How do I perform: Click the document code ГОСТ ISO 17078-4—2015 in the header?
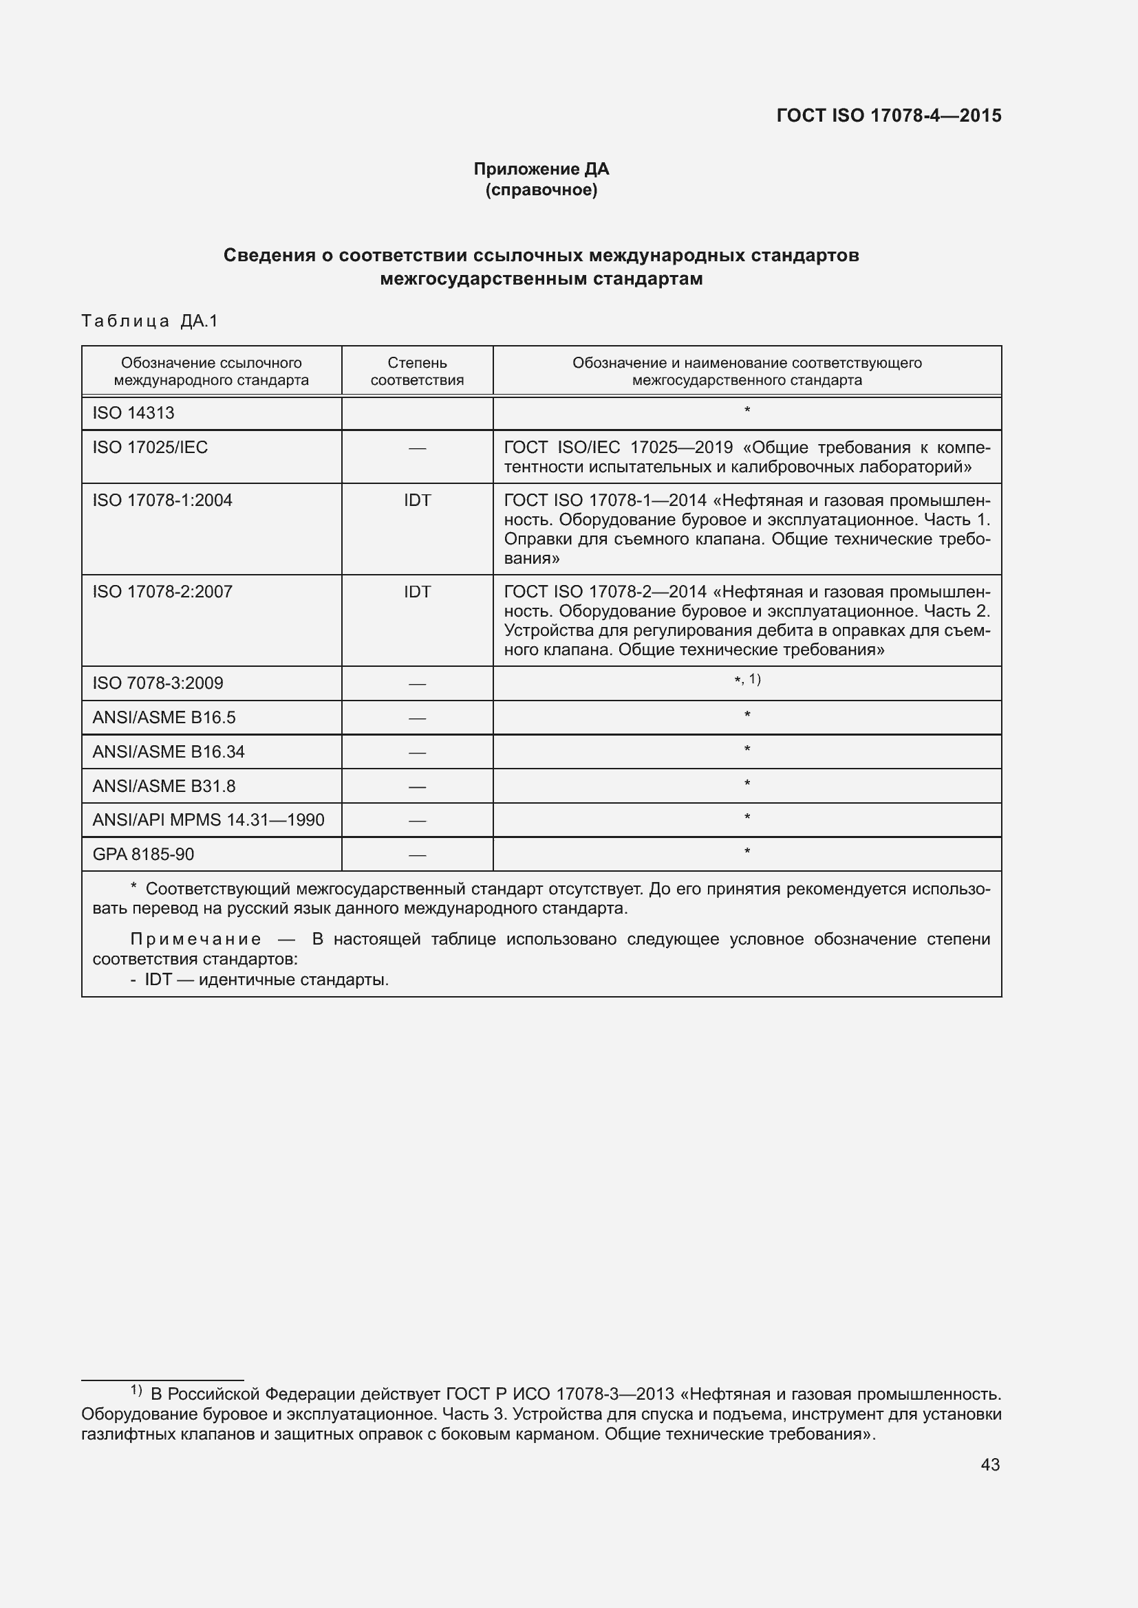888,115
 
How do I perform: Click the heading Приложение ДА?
541,169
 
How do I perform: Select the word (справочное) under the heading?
541,190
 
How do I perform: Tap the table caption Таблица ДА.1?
150,321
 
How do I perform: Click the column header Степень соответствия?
417,371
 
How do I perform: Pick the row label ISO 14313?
133,412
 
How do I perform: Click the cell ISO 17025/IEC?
150,447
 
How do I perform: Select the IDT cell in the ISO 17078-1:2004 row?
417,500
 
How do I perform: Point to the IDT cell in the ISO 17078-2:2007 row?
417,592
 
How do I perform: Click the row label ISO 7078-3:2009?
158,683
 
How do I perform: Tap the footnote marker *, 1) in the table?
747,679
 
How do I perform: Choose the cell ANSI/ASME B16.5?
164,717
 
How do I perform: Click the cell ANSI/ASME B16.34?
168,751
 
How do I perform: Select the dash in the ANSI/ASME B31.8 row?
417,786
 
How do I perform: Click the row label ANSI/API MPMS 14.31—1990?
208,819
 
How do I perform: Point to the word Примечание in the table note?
196,939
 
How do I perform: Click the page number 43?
989,1464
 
